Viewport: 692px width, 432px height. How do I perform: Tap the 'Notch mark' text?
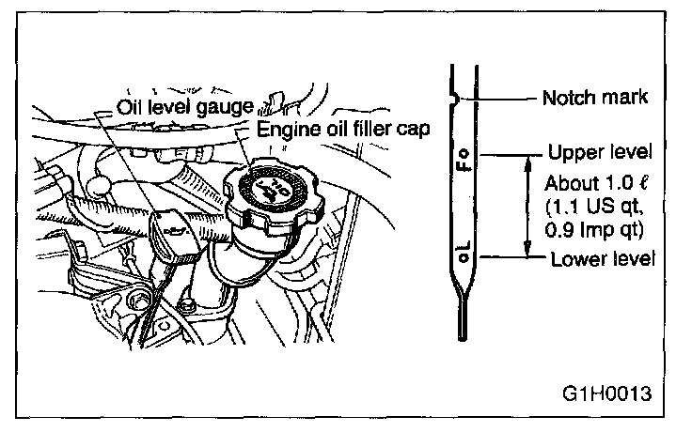pos(590,97)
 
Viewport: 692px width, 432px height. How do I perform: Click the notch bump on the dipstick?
pos(454,97)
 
